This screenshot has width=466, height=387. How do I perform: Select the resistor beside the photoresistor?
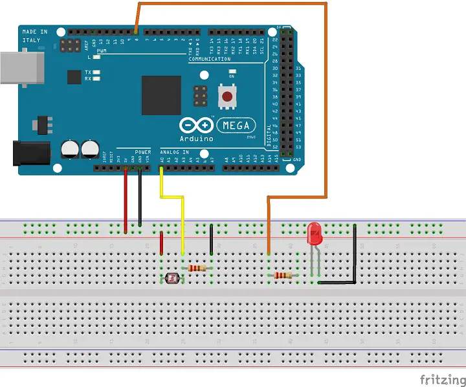[x=197, y=268]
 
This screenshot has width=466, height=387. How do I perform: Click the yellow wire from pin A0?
[x=183, y=220]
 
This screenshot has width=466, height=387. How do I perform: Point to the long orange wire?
[x=327, y=97]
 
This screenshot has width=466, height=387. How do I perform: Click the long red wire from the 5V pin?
[x=126, y=201]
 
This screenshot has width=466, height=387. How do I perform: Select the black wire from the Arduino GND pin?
[x=140, y=201]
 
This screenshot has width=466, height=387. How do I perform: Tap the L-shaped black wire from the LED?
[x=354, y=259]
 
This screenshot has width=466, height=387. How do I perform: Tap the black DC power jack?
[x=32, y=153]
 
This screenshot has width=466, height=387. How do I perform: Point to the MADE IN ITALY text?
[x=34, y=36]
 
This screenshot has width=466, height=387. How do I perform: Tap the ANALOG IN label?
[x=175, y=152]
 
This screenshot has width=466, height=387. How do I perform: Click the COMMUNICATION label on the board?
[x=210, y=60]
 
